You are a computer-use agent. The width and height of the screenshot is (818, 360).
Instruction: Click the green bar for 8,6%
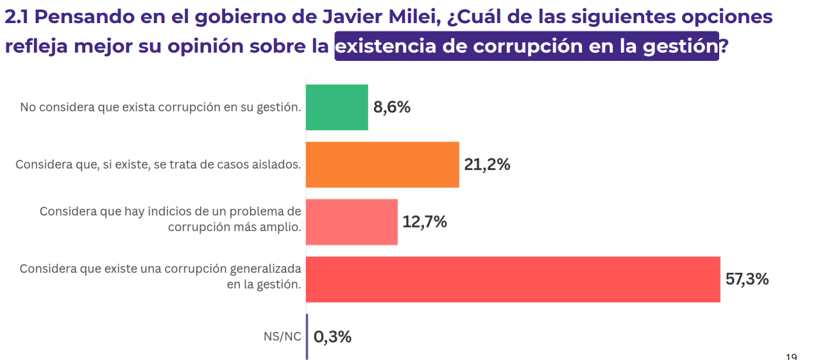[337, 107]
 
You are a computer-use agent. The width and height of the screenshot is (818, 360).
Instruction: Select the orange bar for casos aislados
[382, 164]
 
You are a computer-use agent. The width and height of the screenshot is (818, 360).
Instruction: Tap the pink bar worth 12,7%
[352, 222]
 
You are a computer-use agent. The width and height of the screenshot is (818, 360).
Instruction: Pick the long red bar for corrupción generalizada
[513, 279]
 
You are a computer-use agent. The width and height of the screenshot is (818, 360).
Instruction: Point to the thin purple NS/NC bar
[307, 336]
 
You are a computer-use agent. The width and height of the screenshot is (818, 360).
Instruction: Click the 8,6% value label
[391, 107]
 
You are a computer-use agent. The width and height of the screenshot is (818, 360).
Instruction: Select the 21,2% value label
[487, 165]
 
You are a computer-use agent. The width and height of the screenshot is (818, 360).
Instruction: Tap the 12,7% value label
[424, 222]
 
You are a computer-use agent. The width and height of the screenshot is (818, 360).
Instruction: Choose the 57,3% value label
[747, 279]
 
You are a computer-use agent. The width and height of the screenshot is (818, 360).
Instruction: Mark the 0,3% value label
[332, 337]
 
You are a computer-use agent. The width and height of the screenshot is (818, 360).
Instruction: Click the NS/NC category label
[282, 337]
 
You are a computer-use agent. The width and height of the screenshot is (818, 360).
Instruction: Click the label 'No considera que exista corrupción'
[160, 107]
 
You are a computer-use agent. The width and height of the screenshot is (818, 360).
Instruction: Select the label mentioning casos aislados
[158, 165]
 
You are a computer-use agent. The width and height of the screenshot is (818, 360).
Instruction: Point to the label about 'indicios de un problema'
[170, 219]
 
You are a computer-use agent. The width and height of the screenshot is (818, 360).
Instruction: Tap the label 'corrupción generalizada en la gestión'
[160, 276]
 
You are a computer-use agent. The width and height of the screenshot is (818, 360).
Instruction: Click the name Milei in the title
[409, 17]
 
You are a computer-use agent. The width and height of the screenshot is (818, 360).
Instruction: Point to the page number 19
[791, 356]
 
